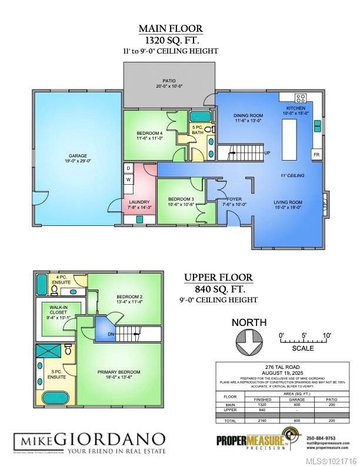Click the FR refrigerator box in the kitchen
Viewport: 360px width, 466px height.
point(316,155)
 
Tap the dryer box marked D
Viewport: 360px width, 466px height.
point(128,168)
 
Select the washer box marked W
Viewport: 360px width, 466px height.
point(128,179)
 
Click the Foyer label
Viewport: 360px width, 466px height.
point(235,199)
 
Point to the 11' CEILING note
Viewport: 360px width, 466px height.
point(292,176)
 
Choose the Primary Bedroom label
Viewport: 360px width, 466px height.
point(119,372)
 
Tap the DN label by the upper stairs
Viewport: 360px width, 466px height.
point(111,335)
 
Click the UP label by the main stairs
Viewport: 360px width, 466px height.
point(266,153)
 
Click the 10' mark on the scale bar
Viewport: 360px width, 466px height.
point(326,335)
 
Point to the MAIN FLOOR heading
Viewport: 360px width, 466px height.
point(171,28)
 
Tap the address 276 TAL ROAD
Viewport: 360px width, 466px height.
point(284,368)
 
